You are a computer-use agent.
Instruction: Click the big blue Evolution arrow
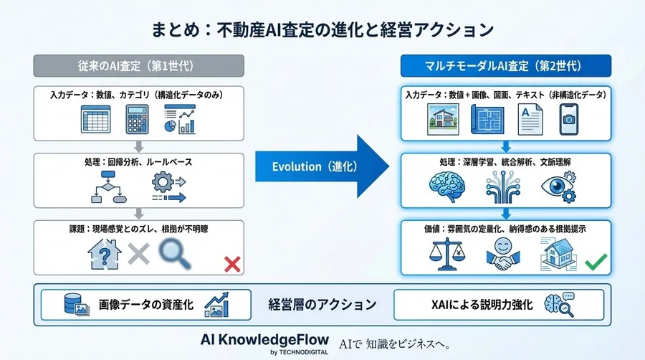(322, 166)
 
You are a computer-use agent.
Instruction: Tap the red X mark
(231, 265)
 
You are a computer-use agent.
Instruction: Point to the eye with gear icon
(559, 189)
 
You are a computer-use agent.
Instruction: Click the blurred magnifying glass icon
(176, 254)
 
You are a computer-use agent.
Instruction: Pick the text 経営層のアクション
(322, 305)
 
